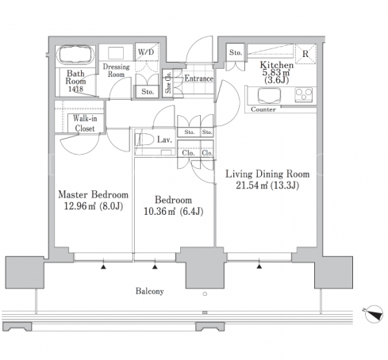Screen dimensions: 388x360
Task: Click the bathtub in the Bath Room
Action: pos(76,55)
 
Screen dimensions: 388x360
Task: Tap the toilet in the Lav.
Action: pos(144,140)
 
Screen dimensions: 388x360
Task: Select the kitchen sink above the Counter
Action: pos(269,95)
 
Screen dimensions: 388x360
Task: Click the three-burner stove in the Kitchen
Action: pos(304,95)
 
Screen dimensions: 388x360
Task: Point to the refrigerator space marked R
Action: pos(305,54)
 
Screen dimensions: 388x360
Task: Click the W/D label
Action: pos(146,52)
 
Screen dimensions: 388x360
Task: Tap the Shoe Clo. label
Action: pos(168,82)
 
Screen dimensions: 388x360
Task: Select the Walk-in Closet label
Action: pos(85,123)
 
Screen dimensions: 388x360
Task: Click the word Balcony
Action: pos(149,291)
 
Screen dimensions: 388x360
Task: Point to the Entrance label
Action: pos(198,79)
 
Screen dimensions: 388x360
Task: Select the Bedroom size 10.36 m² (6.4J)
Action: pos(173,211)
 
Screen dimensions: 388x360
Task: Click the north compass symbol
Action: pos(374,313)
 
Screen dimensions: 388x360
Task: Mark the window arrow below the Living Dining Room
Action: pos(259,266)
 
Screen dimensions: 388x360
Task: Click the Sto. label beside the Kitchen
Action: pos(236,52)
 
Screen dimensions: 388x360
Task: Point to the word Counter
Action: pos(263,109)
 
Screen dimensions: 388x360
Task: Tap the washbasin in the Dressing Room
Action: pos(116,53)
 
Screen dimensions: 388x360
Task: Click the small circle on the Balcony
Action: pos(205,293)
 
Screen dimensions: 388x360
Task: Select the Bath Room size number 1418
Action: pos(75,89)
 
